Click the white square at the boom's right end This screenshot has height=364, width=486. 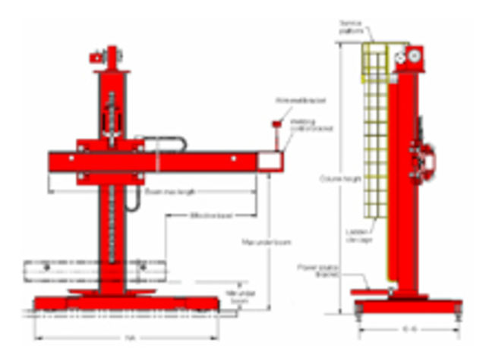click(268, 161)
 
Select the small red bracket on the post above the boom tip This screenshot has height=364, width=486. click(277, 123)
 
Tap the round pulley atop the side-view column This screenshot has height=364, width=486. click(414, 55)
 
